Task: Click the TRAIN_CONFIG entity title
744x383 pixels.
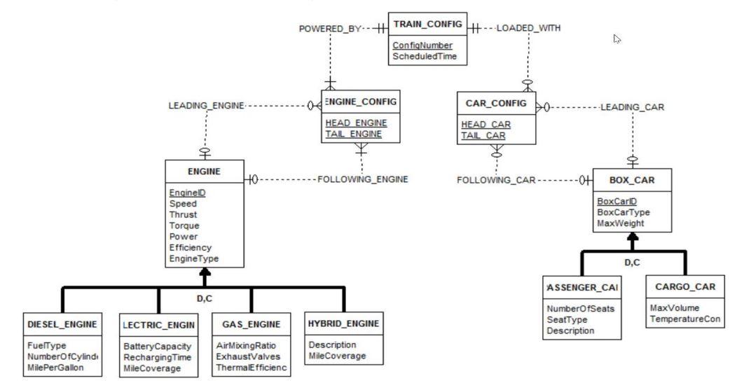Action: coord(428,25)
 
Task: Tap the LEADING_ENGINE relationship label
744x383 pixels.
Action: coord(206,106)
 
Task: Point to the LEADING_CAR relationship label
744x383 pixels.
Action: coord(631,107)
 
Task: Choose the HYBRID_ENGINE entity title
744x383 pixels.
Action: coord(343,323)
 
